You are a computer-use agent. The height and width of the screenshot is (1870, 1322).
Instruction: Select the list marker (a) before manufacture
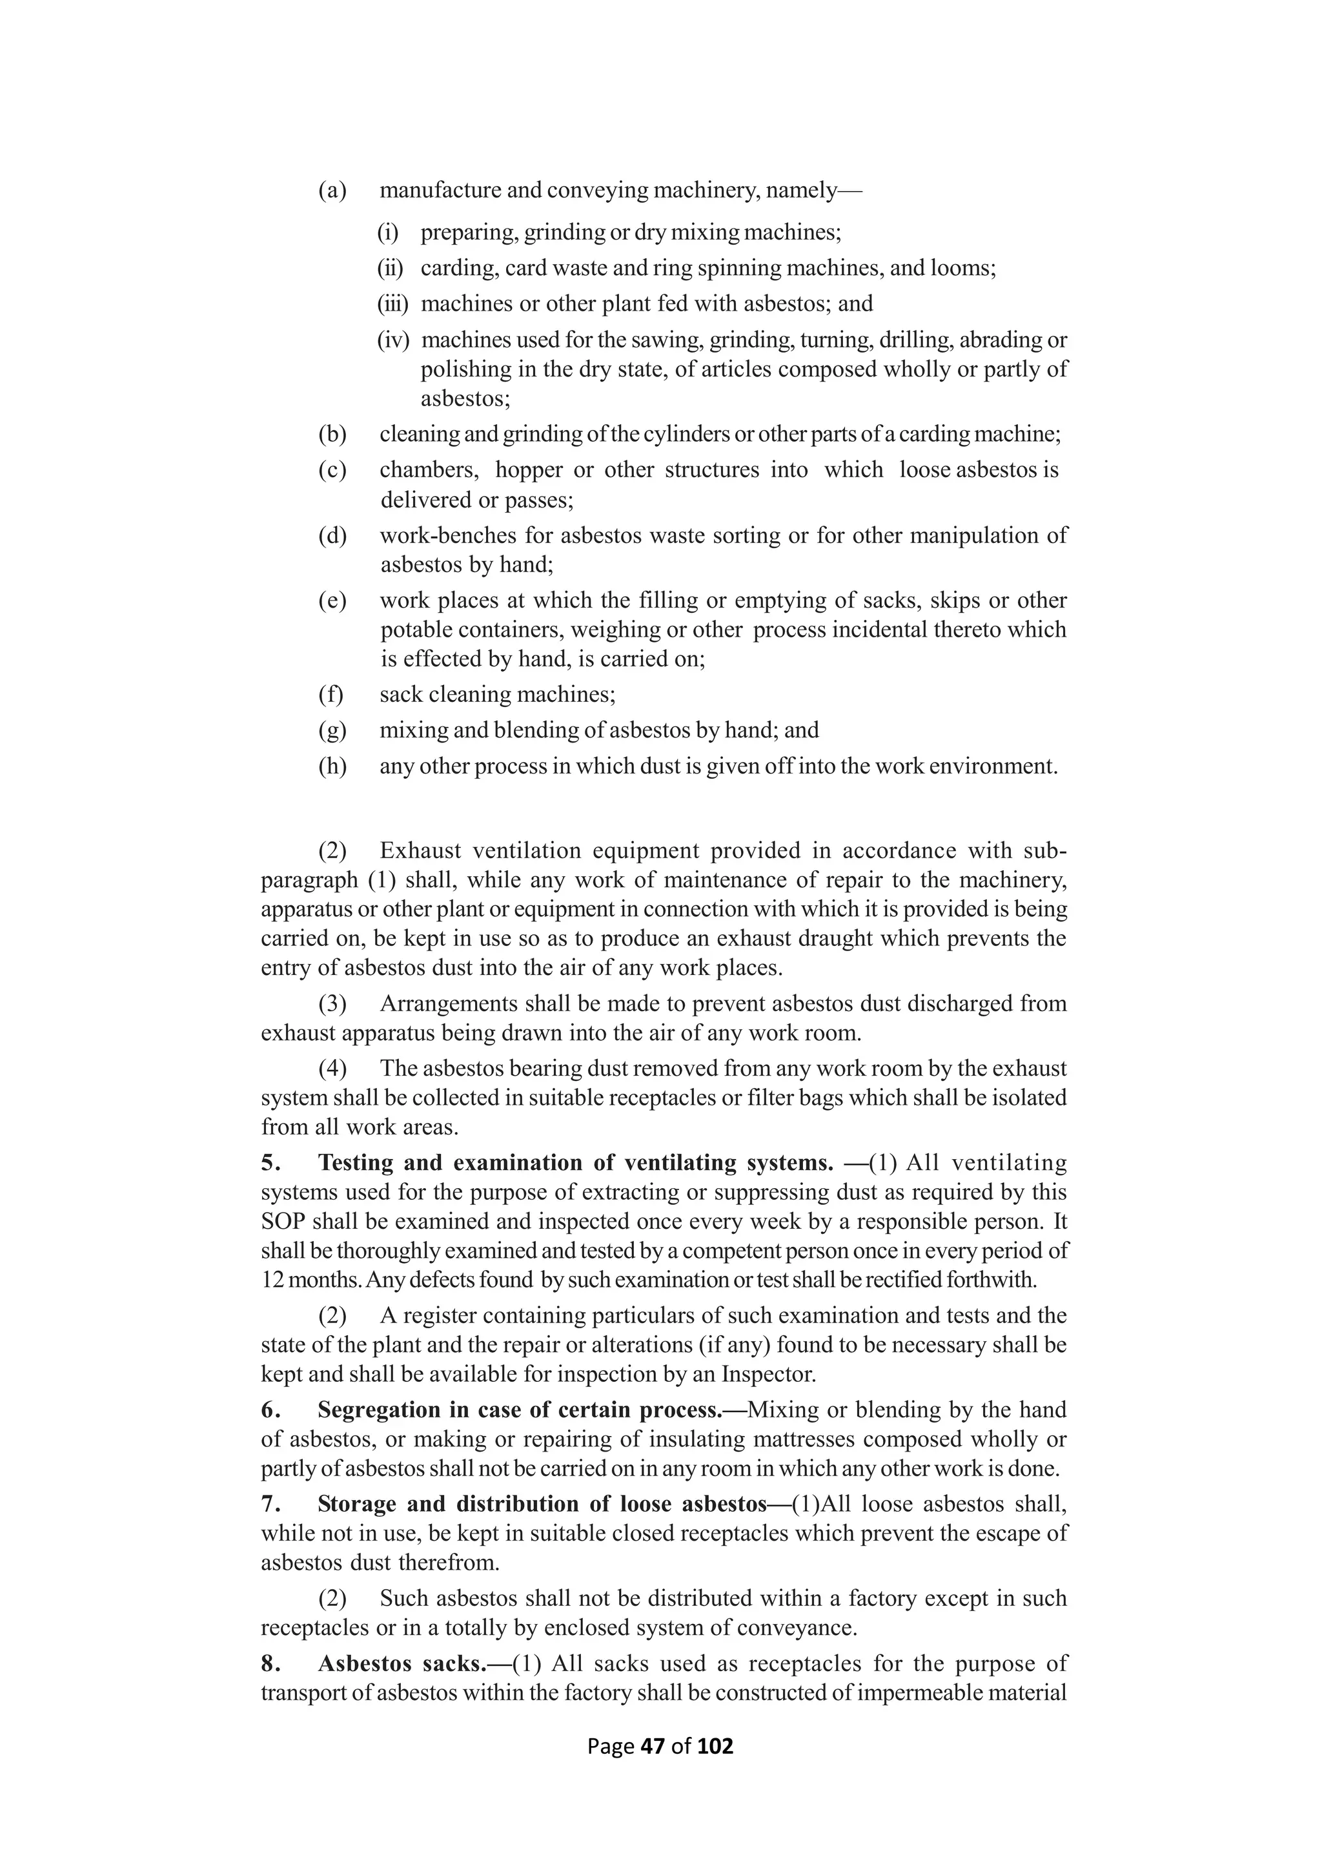coord(332,190)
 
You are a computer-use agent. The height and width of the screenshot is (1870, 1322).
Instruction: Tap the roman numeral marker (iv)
coord(392,340)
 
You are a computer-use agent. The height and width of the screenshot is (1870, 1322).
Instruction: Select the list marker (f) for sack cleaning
coord(330,695)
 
